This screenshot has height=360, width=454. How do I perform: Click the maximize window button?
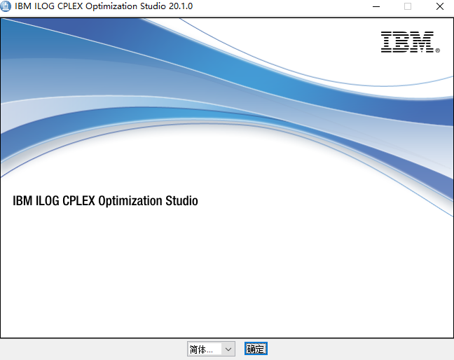408,6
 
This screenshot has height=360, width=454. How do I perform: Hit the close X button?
439,6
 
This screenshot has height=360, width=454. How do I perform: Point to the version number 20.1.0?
180,6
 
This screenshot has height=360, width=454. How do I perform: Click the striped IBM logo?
407,42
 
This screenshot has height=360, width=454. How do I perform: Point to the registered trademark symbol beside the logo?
437,50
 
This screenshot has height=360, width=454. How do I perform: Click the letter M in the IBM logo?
423,42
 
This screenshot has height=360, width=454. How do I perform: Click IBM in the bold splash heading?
21,201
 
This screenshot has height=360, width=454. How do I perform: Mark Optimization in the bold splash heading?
130,201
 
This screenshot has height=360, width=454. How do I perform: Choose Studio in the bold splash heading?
181,201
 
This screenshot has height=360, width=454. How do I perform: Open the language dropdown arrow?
228,349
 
